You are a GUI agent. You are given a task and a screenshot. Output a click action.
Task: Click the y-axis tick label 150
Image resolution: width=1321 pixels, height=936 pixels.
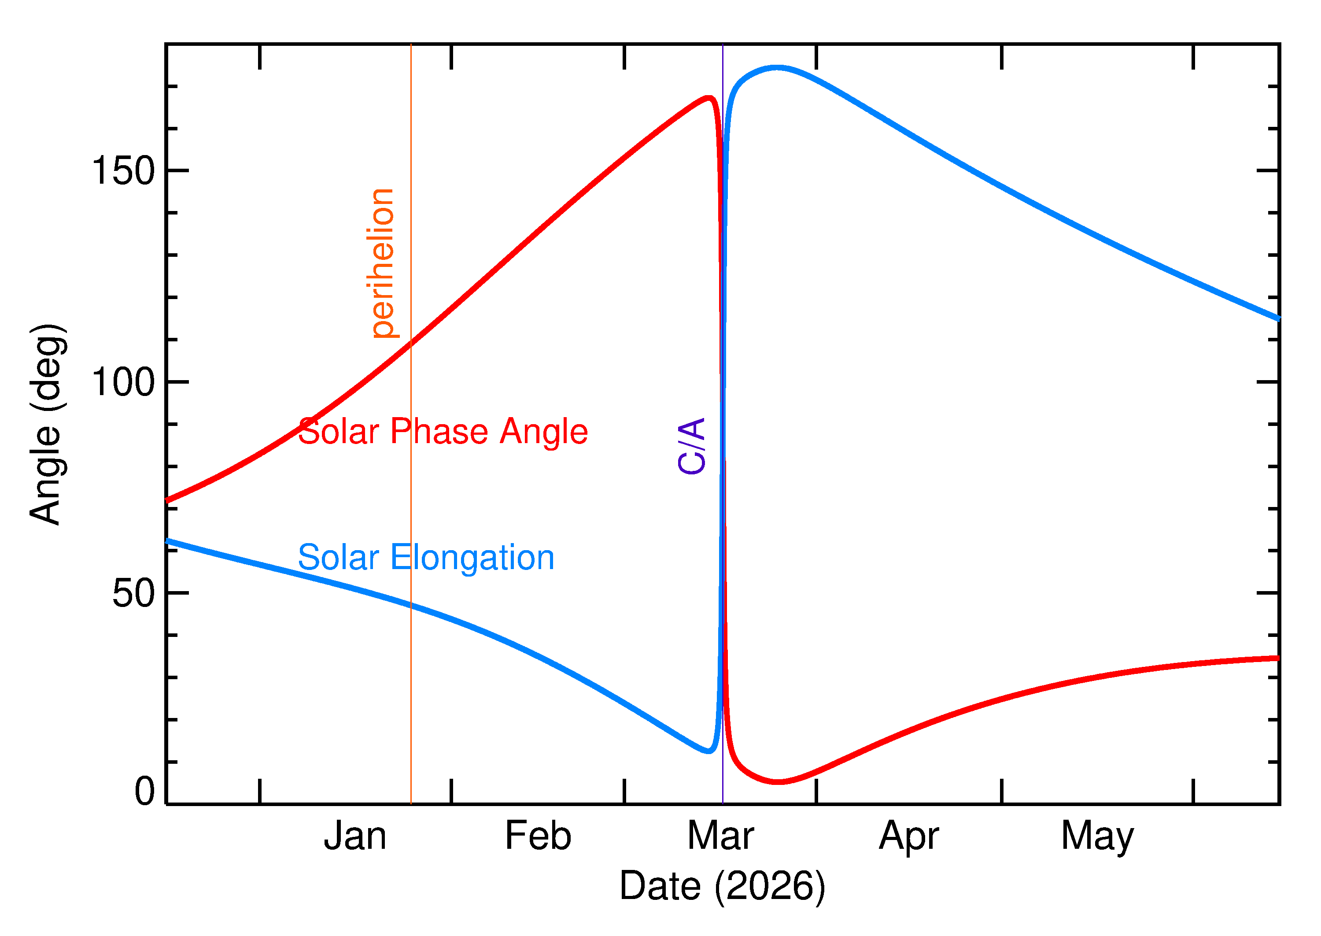(123, 171)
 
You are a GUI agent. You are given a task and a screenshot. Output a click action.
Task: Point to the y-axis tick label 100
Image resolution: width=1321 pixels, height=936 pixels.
(123, 382)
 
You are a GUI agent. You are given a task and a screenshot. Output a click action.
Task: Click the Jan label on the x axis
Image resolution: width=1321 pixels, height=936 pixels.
(355, 836)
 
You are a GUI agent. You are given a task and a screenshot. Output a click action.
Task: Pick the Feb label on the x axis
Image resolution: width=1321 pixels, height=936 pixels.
(538, 836)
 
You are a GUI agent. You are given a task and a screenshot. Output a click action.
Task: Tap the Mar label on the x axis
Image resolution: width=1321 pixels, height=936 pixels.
(721, 836)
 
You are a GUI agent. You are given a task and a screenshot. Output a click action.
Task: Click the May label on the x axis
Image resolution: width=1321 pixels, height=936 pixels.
(1097, 837)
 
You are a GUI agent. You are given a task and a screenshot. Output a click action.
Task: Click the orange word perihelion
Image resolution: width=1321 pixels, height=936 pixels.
(383, 263)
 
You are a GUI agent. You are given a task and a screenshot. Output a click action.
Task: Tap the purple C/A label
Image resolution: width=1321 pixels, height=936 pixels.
(692, 446)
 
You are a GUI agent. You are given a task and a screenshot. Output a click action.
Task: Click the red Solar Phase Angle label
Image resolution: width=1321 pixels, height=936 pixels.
(443, 432)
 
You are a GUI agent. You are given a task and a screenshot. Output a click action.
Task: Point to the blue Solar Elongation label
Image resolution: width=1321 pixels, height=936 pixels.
(426, 558)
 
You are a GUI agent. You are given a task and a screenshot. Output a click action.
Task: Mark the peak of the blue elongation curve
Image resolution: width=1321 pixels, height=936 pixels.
(778, 68)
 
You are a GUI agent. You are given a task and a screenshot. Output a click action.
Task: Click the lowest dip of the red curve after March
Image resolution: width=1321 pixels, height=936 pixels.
(778, 782)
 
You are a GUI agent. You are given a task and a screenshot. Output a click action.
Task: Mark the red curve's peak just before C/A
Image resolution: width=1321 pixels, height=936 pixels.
(709, 98)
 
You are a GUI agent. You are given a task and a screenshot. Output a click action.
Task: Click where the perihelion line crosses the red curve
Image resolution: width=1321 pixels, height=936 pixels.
(411, 344)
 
